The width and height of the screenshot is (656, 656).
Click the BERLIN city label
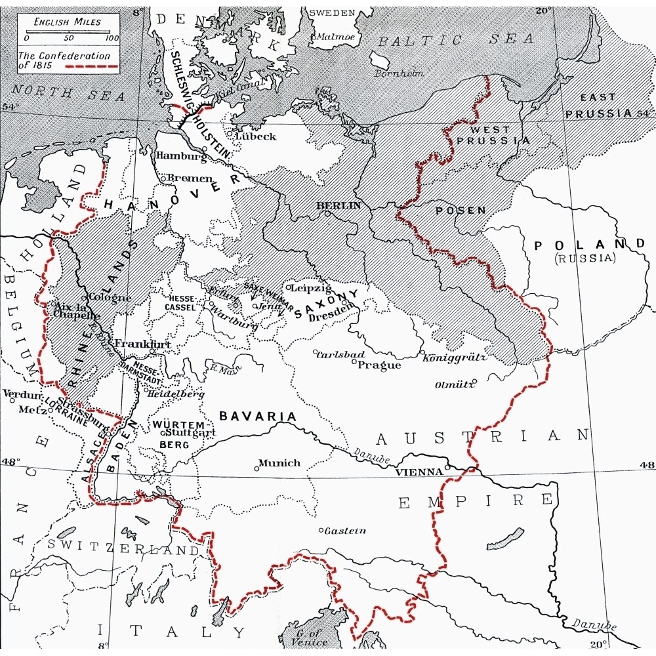[x=339, y=205]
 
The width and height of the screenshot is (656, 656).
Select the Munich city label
[x=279, y=462]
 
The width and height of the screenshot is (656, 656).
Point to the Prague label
[x=379, y=365]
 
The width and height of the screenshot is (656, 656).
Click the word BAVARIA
[x=258, y=416]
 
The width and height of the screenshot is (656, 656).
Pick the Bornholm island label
[x=396, y=73]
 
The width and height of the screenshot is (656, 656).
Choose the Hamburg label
[x=178, y=156]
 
